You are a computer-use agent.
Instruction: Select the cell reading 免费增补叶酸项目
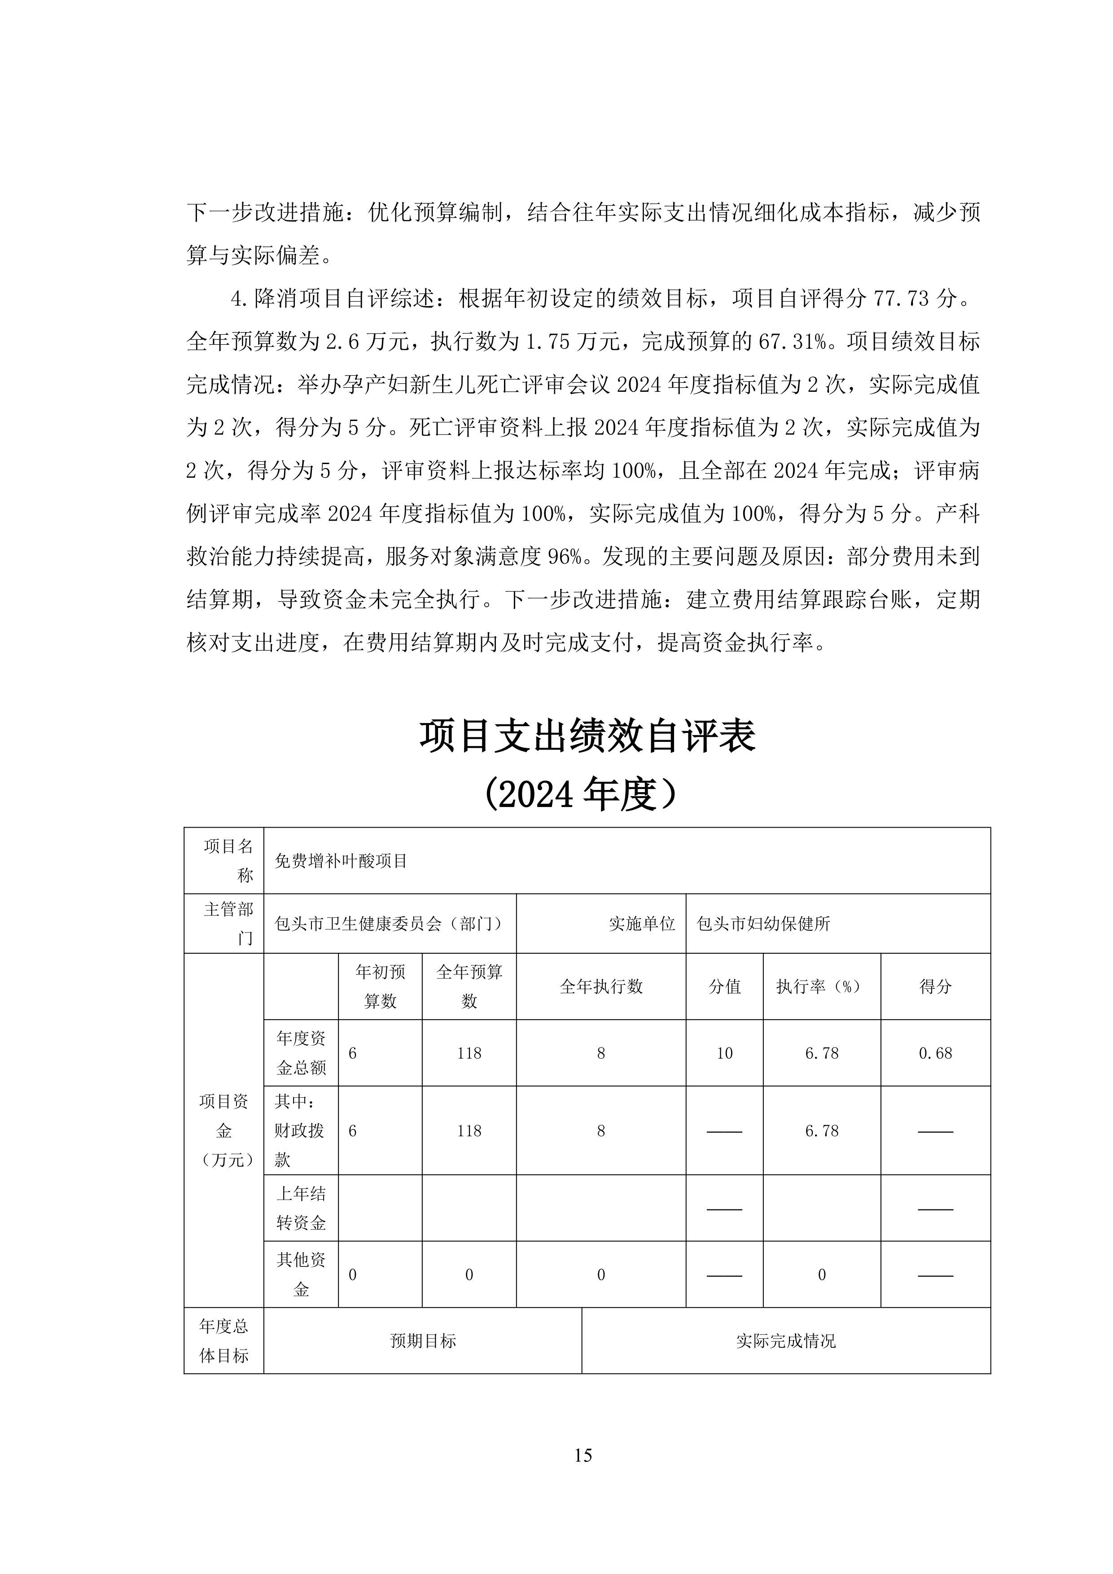coord(341,861)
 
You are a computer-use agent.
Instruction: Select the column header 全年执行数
coord(601,986)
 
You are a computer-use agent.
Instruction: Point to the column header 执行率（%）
coord(821,986)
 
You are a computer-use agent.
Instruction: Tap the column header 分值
coord(724,986)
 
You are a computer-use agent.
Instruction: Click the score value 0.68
coord(935,1053)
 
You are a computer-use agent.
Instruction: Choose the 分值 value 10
coord(724,1053)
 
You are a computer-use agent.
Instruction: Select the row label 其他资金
coord(301,1275)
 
